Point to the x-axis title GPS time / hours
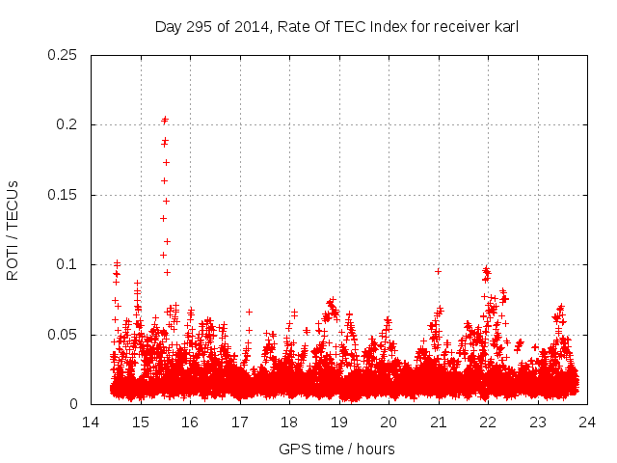336,449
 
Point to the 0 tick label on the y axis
74,404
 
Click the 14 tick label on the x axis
91,422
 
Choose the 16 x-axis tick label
190,422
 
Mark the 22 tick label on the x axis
488,422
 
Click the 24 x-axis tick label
587,422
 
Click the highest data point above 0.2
165,120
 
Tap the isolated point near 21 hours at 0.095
438,271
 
